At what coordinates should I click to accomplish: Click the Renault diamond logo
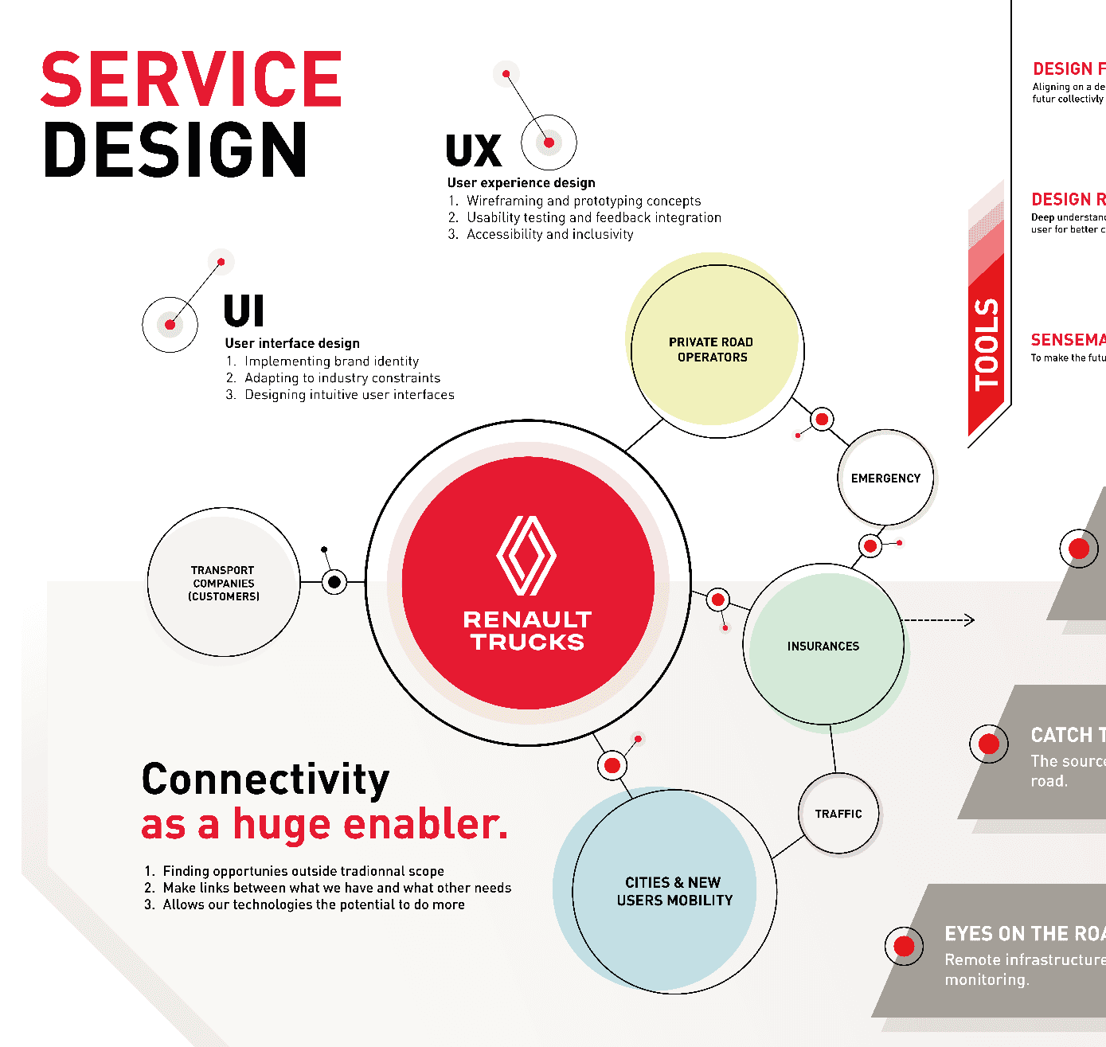(x=526, y=555)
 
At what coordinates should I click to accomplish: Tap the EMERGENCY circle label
(x=885, y=479)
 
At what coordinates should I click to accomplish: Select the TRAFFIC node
(x=838, y=814)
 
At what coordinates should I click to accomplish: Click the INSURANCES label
(x=823, y=647)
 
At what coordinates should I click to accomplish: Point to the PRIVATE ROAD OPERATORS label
(x=712, y=350)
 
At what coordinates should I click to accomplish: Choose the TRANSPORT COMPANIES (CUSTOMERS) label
(x=224, y=583)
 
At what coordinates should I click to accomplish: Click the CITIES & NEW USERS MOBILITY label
(x=674, y=892)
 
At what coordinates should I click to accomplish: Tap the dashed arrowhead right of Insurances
(x=969, y=620)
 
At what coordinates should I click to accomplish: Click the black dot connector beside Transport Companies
(x=334, y=582)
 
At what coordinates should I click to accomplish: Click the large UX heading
(x=474, y=151)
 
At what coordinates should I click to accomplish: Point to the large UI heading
(x=244, y=311)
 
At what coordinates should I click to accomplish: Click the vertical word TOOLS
(x=987, y=345)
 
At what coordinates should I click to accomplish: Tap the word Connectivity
(x=265, y=779)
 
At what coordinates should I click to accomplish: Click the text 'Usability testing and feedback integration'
(x=594, y=217)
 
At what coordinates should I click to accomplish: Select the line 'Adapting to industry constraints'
(x=342, y=378)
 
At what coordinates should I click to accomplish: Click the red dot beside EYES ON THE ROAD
(x=904, y=946)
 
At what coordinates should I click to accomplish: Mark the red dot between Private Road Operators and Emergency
(x=822, y=419)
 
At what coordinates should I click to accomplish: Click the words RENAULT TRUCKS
(x=527, y=631)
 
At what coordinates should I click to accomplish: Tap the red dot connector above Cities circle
(x=612, y=765)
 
